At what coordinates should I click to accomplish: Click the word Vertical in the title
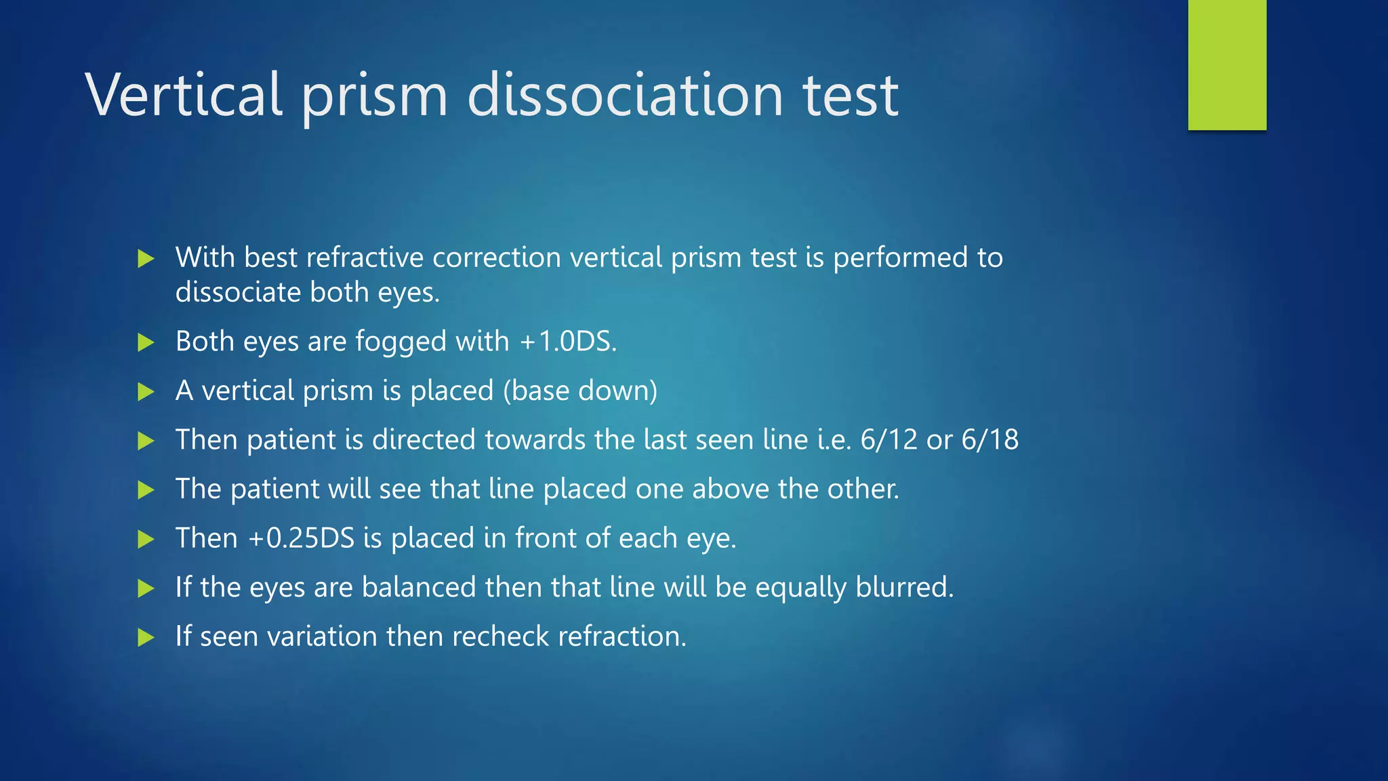coord(184,95)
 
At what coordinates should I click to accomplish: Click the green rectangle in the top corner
coord(1227,65)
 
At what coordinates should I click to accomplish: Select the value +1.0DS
coord(568,341)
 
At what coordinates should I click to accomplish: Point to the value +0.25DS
coord(301,538)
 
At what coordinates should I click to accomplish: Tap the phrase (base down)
coord(580,390)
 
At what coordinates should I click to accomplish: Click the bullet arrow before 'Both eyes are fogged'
coord(146,342)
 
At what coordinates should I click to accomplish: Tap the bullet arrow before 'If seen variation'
coord(146,637)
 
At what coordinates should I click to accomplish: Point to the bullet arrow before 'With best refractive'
coord(146,258)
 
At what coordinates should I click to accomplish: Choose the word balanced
coord(418,587)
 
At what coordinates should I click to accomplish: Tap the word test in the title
coord(851,95)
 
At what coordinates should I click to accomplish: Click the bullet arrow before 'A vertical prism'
coord(146,392)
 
